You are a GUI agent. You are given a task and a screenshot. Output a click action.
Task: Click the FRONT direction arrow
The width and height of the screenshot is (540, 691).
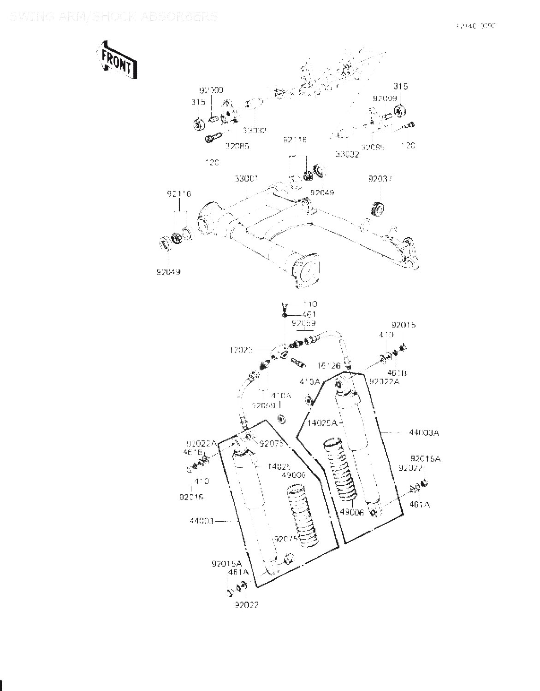point(116,60)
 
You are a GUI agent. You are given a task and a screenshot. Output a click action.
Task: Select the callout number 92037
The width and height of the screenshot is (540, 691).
point(380,178)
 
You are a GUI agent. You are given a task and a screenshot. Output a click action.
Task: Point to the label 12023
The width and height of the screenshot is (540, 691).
point(241,350)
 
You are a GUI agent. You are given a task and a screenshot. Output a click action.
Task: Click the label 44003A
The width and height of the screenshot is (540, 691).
point(424,433)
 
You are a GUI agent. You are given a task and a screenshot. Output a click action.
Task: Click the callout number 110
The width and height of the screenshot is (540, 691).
point(310,304)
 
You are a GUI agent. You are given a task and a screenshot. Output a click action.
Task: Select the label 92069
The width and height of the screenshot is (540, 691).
point(263,405)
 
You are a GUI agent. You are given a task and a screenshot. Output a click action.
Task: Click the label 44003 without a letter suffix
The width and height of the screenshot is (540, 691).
point(202,521)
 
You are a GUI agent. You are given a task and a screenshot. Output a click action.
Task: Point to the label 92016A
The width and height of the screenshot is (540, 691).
point(425,459)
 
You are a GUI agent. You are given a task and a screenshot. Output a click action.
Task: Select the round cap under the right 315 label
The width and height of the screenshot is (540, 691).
point(399,111)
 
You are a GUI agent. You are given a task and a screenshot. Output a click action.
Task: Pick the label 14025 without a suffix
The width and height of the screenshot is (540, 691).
point(279,466)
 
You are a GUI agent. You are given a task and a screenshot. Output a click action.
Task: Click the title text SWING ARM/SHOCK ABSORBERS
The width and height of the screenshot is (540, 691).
point(113,17)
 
